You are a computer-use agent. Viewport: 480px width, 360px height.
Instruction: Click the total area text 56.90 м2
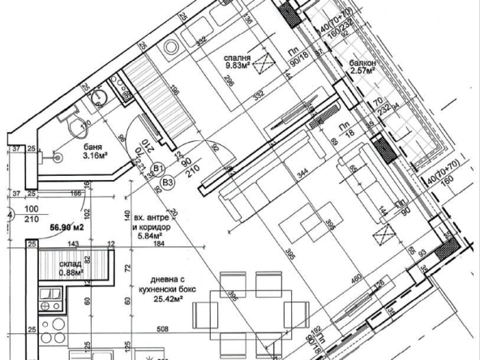click(66, 229)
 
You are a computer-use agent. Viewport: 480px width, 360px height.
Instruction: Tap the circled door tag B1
click(160, 169)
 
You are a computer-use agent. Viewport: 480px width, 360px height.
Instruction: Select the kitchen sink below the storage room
click(47, 306)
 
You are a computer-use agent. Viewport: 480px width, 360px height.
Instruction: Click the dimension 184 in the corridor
click(158, 243)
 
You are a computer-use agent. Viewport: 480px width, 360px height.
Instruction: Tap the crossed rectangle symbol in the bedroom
click(259, 89)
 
